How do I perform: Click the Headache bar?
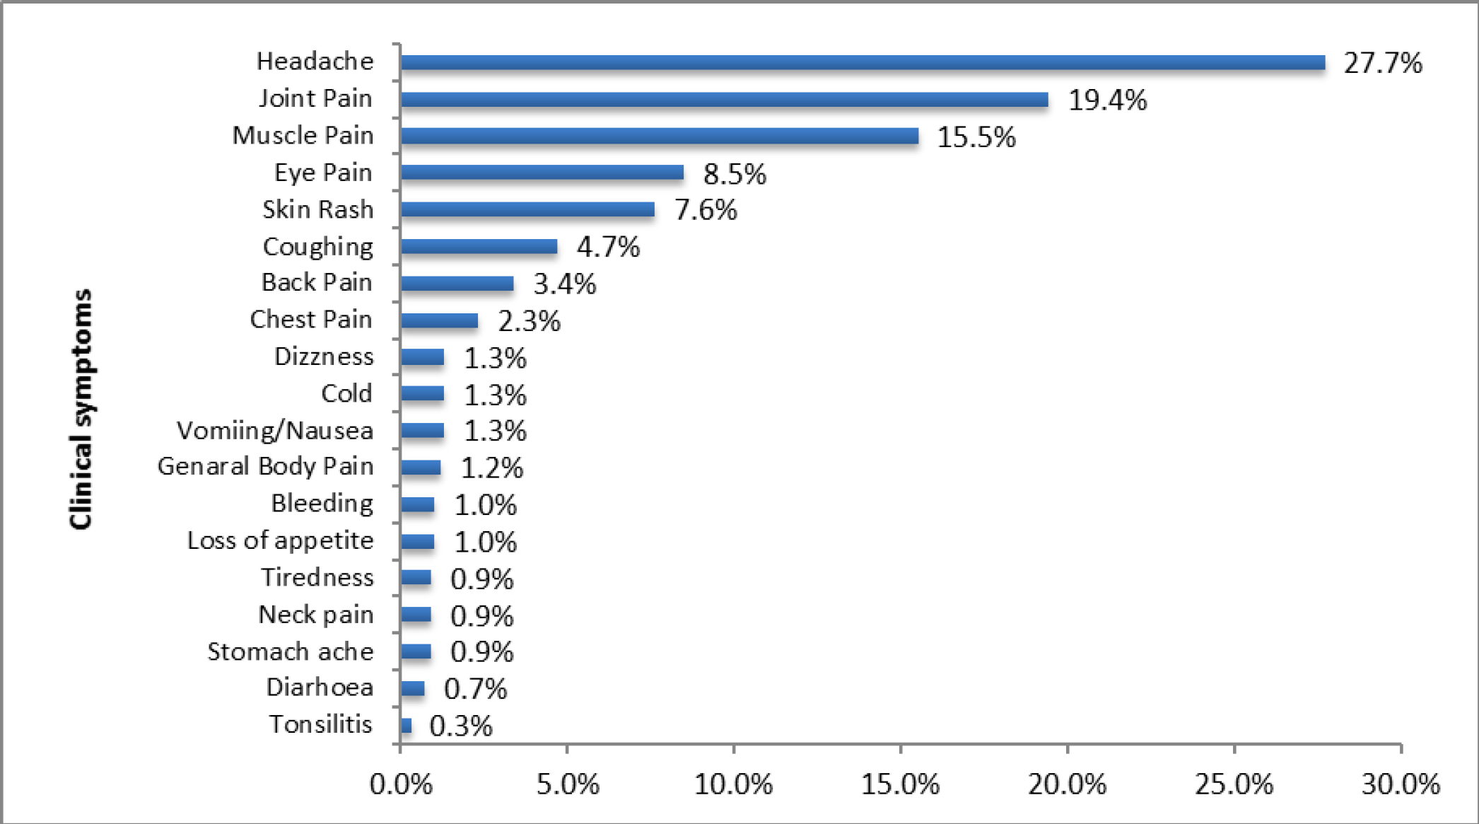pyautogui.click(x=863, y=63)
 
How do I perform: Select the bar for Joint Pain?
pyautogui.click(x=725, y=100)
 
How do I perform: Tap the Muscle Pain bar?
pyautogui.click(x=660, y=137)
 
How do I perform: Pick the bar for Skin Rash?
pyautogui.click(x=527, y=209)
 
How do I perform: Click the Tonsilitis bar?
pyautogui.click(x=406, y=726)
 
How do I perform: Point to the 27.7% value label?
pyautogui.click(x=1383, y=64)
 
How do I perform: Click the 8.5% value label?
pyautogui.click(x=735, y=174)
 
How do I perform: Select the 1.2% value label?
pyautogui.click(x=492, y=468)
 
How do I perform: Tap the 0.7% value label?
pyautogui.click(x=475, y=689)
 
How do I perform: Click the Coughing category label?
pyautogui.click(x=318, y=247)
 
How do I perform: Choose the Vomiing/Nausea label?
pyautogui.click(x=275, y=431)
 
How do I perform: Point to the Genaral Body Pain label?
pyautogui.click(x=265, y=467)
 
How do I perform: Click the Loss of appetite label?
pyautogui.click(x=280, y=541)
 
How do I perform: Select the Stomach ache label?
pyautogui.click(x=290, y=651)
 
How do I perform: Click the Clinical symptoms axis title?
pyautogui.click(x=81, y=409)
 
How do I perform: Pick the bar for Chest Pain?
pyautogui.click(x=439, y=321)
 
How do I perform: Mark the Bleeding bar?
pyautogui.click(x=417, y=505)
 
